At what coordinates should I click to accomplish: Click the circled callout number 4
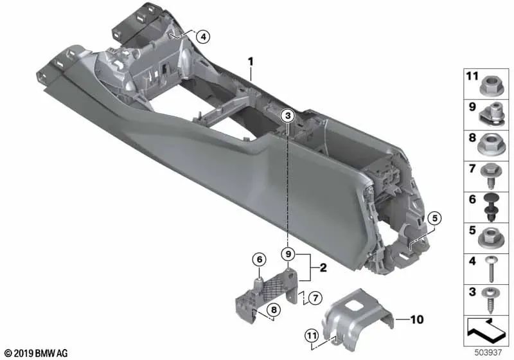pyautogui.click(x=203, y=37)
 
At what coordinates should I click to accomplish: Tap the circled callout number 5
pyautogui.click(x=434, y=219)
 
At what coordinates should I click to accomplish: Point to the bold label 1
pyautogui.click(x=251, y=61)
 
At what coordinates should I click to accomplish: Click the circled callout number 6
pyautogui.click(x=258, y=260)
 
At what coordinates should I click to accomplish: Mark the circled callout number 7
pyautogui.click(x=314, y=298)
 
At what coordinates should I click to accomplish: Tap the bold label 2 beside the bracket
pyautogui.click(x=324, y=268)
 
